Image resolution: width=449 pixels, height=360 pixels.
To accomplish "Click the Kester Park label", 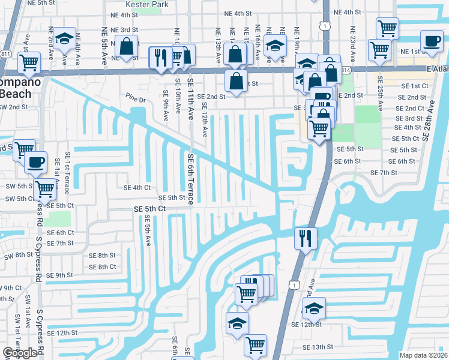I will coord(146,4).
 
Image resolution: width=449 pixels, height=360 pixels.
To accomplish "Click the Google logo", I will coord(20,353).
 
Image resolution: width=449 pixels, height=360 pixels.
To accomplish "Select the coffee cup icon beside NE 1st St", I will coord(431,41).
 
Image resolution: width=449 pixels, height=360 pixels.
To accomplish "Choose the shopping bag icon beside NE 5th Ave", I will coord(127,46).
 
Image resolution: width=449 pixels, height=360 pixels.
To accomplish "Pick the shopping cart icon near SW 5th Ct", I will coord(45,188).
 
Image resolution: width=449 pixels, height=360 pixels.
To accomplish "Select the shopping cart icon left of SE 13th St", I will coord(256,345).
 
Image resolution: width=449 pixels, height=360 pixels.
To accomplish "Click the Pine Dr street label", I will coord(136,97).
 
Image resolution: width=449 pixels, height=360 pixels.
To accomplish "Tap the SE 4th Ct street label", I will coord(137,188).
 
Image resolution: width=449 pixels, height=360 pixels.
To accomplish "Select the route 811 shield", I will coord(5,54).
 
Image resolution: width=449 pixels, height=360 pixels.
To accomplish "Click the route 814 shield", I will coord(346,70).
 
